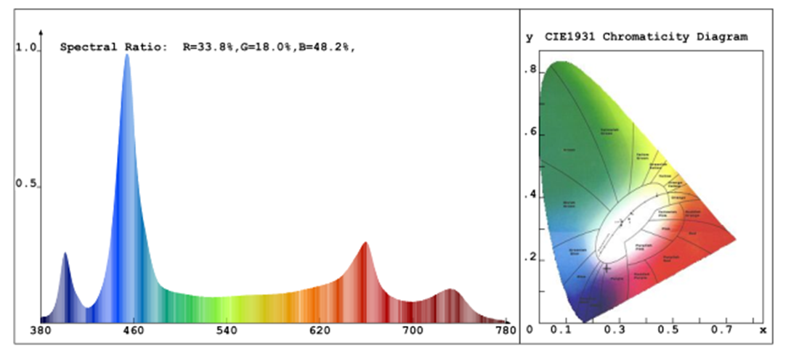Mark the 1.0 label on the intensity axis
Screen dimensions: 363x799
tap(26, 48)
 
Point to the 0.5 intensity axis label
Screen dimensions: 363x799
tap(26, 184)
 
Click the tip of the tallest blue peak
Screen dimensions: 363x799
tap(127, 55)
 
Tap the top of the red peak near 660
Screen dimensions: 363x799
tap(365, 243)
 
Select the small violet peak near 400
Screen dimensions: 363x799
tap(65, 253)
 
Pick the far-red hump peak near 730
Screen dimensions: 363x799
tap(451, 290)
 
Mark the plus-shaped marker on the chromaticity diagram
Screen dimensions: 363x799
tap(607, 268)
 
